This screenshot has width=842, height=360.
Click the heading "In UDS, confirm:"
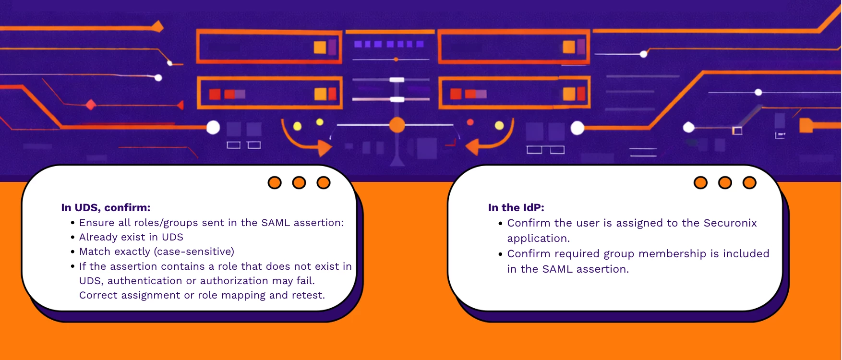(106, 208)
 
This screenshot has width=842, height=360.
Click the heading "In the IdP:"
(516, 208)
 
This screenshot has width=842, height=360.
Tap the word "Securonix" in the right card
(730, 223)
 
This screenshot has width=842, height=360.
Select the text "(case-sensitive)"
(194, 252)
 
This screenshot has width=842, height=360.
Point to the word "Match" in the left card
(95, 252)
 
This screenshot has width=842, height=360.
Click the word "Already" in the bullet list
(98, 237)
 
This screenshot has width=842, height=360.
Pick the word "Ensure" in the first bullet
(97, 223)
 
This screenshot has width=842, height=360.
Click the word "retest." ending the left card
(308, 295)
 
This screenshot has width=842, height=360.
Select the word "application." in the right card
(538, 239)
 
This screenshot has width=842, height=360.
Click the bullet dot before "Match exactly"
(72, 252)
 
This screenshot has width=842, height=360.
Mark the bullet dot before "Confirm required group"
(500, 254)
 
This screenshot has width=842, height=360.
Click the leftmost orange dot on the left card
(275, 183)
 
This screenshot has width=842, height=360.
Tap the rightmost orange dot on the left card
(324, 183)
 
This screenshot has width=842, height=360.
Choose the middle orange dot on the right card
(725, 183)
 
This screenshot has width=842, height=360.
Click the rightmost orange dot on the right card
(749, 183)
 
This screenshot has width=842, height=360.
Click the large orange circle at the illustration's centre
(397, 125)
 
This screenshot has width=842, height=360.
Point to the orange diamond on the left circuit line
(90, 105)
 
